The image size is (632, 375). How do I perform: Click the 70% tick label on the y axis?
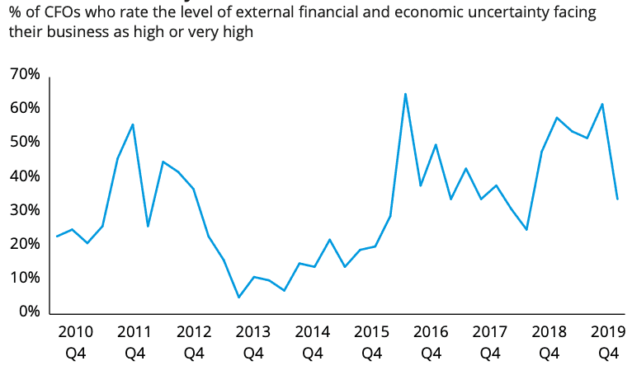pyautogui.click(x=25, y=75)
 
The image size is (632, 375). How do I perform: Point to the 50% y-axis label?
pyautogui.click(x=25, y=143)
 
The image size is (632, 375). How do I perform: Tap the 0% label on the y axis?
pyautogui.click(x=28, y=312)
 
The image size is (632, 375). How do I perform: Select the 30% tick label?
pyautogui.click(x=25, y=210)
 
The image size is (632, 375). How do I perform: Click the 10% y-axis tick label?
pyautogui.click(x=25, y=279)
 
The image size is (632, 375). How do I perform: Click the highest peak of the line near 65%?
pyautogui.click(x=405, y=94)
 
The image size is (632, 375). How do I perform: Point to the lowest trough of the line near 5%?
pyautogui.click(x=238, y=298)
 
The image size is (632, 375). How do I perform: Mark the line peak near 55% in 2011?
pyautogui.click(x=133, y=124)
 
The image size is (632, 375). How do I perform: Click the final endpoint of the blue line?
pyautogui.click(x=617, y=199)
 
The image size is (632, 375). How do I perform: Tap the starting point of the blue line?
pyautogui.click(x=57, y=237)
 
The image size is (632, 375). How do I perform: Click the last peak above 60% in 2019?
pyautogui.click(x=603, y=104)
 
